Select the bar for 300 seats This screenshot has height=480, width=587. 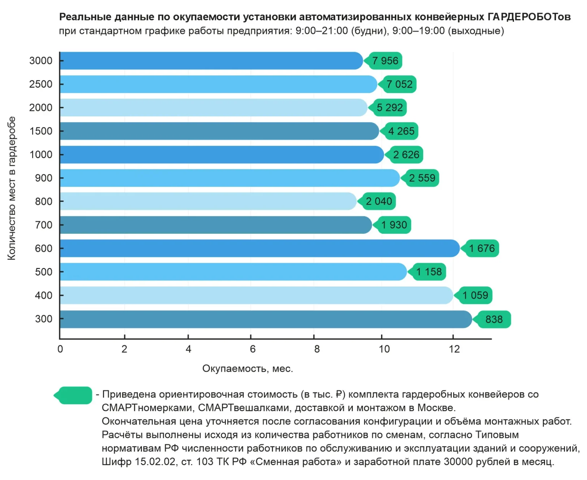(266, 319)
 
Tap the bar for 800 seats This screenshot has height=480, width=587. (208, 202)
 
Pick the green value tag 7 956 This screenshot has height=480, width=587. (384, 61)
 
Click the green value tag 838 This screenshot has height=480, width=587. (493, 319)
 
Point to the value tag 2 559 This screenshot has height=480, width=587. (422, 178)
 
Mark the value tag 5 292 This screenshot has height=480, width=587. (389, 108)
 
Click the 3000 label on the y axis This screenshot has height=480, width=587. (41, 61)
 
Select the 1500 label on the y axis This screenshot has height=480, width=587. (41, 131)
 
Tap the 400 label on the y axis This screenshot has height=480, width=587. (44, 296)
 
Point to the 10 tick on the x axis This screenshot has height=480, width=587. (384, 349)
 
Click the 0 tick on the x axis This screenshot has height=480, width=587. (60, 349)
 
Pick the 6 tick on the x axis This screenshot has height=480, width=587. (253, 349)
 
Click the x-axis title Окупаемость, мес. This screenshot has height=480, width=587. (248, 369)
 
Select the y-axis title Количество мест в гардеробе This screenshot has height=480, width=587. (11, 188)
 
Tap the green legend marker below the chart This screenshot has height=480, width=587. (75, 395)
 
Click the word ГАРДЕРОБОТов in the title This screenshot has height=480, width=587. (529, 17)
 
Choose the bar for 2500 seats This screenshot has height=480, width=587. (218, 84)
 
